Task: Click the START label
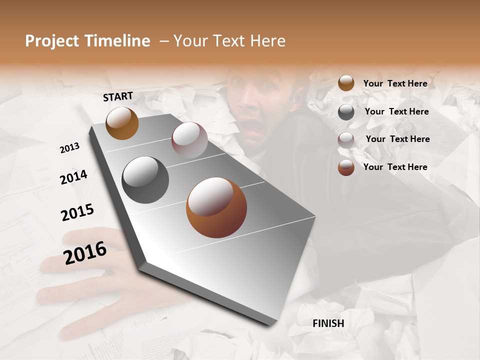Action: coord(118,96)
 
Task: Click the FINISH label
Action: coord(328,323)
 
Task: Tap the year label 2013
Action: coord(70,148)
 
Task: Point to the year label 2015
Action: coord(77,212)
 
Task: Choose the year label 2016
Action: coord(85,252)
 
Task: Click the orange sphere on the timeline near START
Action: coord(122,123)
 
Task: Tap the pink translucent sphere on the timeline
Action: coord(189,140)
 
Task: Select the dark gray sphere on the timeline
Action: coord(145,180)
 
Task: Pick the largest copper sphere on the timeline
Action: coord(216,207)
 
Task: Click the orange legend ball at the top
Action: coord(346,83)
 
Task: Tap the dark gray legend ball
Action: coord(346,112)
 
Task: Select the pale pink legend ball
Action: coord(346,140)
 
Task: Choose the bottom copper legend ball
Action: coord(346,167)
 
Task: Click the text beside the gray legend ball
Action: coord(396,111)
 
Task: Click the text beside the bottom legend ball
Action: coord(395,167)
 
